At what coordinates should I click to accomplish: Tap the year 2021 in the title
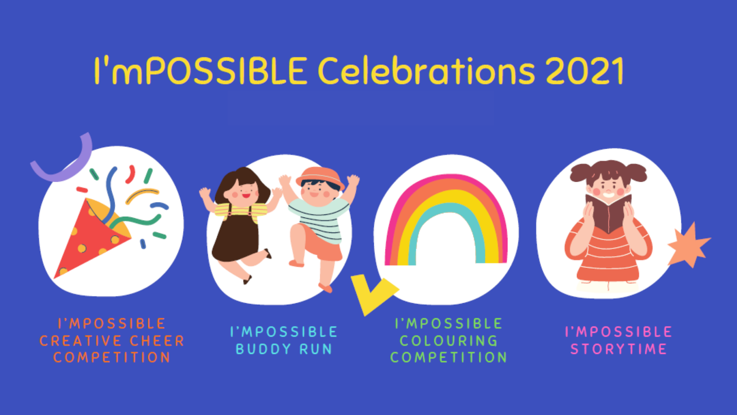585,71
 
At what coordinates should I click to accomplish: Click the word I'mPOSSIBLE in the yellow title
201,70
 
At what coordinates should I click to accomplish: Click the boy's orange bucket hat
320,178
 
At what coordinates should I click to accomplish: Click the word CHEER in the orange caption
157,341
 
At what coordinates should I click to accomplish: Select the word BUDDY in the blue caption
263,349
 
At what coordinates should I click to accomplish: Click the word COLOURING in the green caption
448,341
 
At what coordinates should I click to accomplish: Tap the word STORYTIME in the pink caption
618,349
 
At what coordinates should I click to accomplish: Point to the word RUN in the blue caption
316,349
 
